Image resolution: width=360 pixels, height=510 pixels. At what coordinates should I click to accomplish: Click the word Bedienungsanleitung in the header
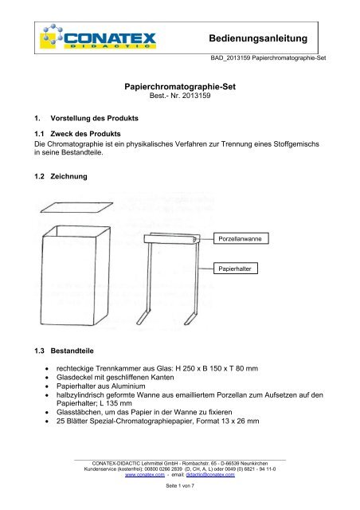click(271, 38)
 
